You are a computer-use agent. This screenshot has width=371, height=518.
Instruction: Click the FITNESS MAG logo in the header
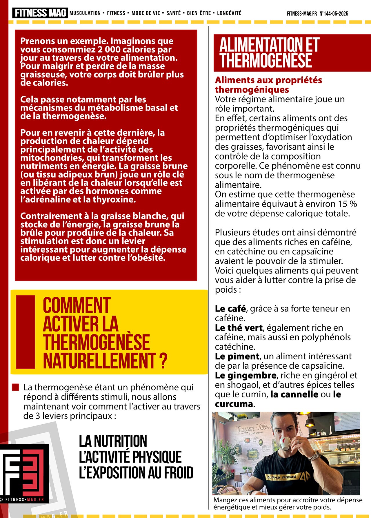[x=40, y=13]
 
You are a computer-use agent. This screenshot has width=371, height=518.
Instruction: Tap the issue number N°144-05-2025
[x=334, y=14]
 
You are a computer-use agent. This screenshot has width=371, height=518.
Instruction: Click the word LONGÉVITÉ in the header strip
[x=229, y=13]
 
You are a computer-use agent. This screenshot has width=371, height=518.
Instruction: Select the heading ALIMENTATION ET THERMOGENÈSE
[x=270, y=52]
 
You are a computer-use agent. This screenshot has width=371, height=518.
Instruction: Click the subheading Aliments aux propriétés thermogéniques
[x=268, y=85]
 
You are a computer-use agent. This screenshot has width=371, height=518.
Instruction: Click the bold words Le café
[x=230, y=309]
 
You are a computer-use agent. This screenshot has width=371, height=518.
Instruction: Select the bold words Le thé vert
[x=239, y=328]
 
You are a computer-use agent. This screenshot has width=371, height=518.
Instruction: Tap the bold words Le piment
[x=237, y=356]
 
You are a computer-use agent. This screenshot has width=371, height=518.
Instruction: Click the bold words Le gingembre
[x=245, y=375]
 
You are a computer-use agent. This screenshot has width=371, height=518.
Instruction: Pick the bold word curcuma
[x=234, y=404]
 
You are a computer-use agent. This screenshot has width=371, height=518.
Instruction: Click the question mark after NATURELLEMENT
[x=163, y=361]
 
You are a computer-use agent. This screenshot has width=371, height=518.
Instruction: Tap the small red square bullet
[x=16, y=387]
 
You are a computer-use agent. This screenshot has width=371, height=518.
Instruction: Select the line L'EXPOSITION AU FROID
[x=136, y=472]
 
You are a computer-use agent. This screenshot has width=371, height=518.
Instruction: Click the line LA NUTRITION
[x=113, y=441]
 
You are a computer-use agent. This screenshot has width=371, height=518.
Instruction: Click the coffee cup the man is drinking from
[x=286, y=442]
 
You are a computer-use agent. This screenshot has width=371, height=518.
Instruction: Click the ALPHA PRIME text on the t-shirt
[x=281, y=477]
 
